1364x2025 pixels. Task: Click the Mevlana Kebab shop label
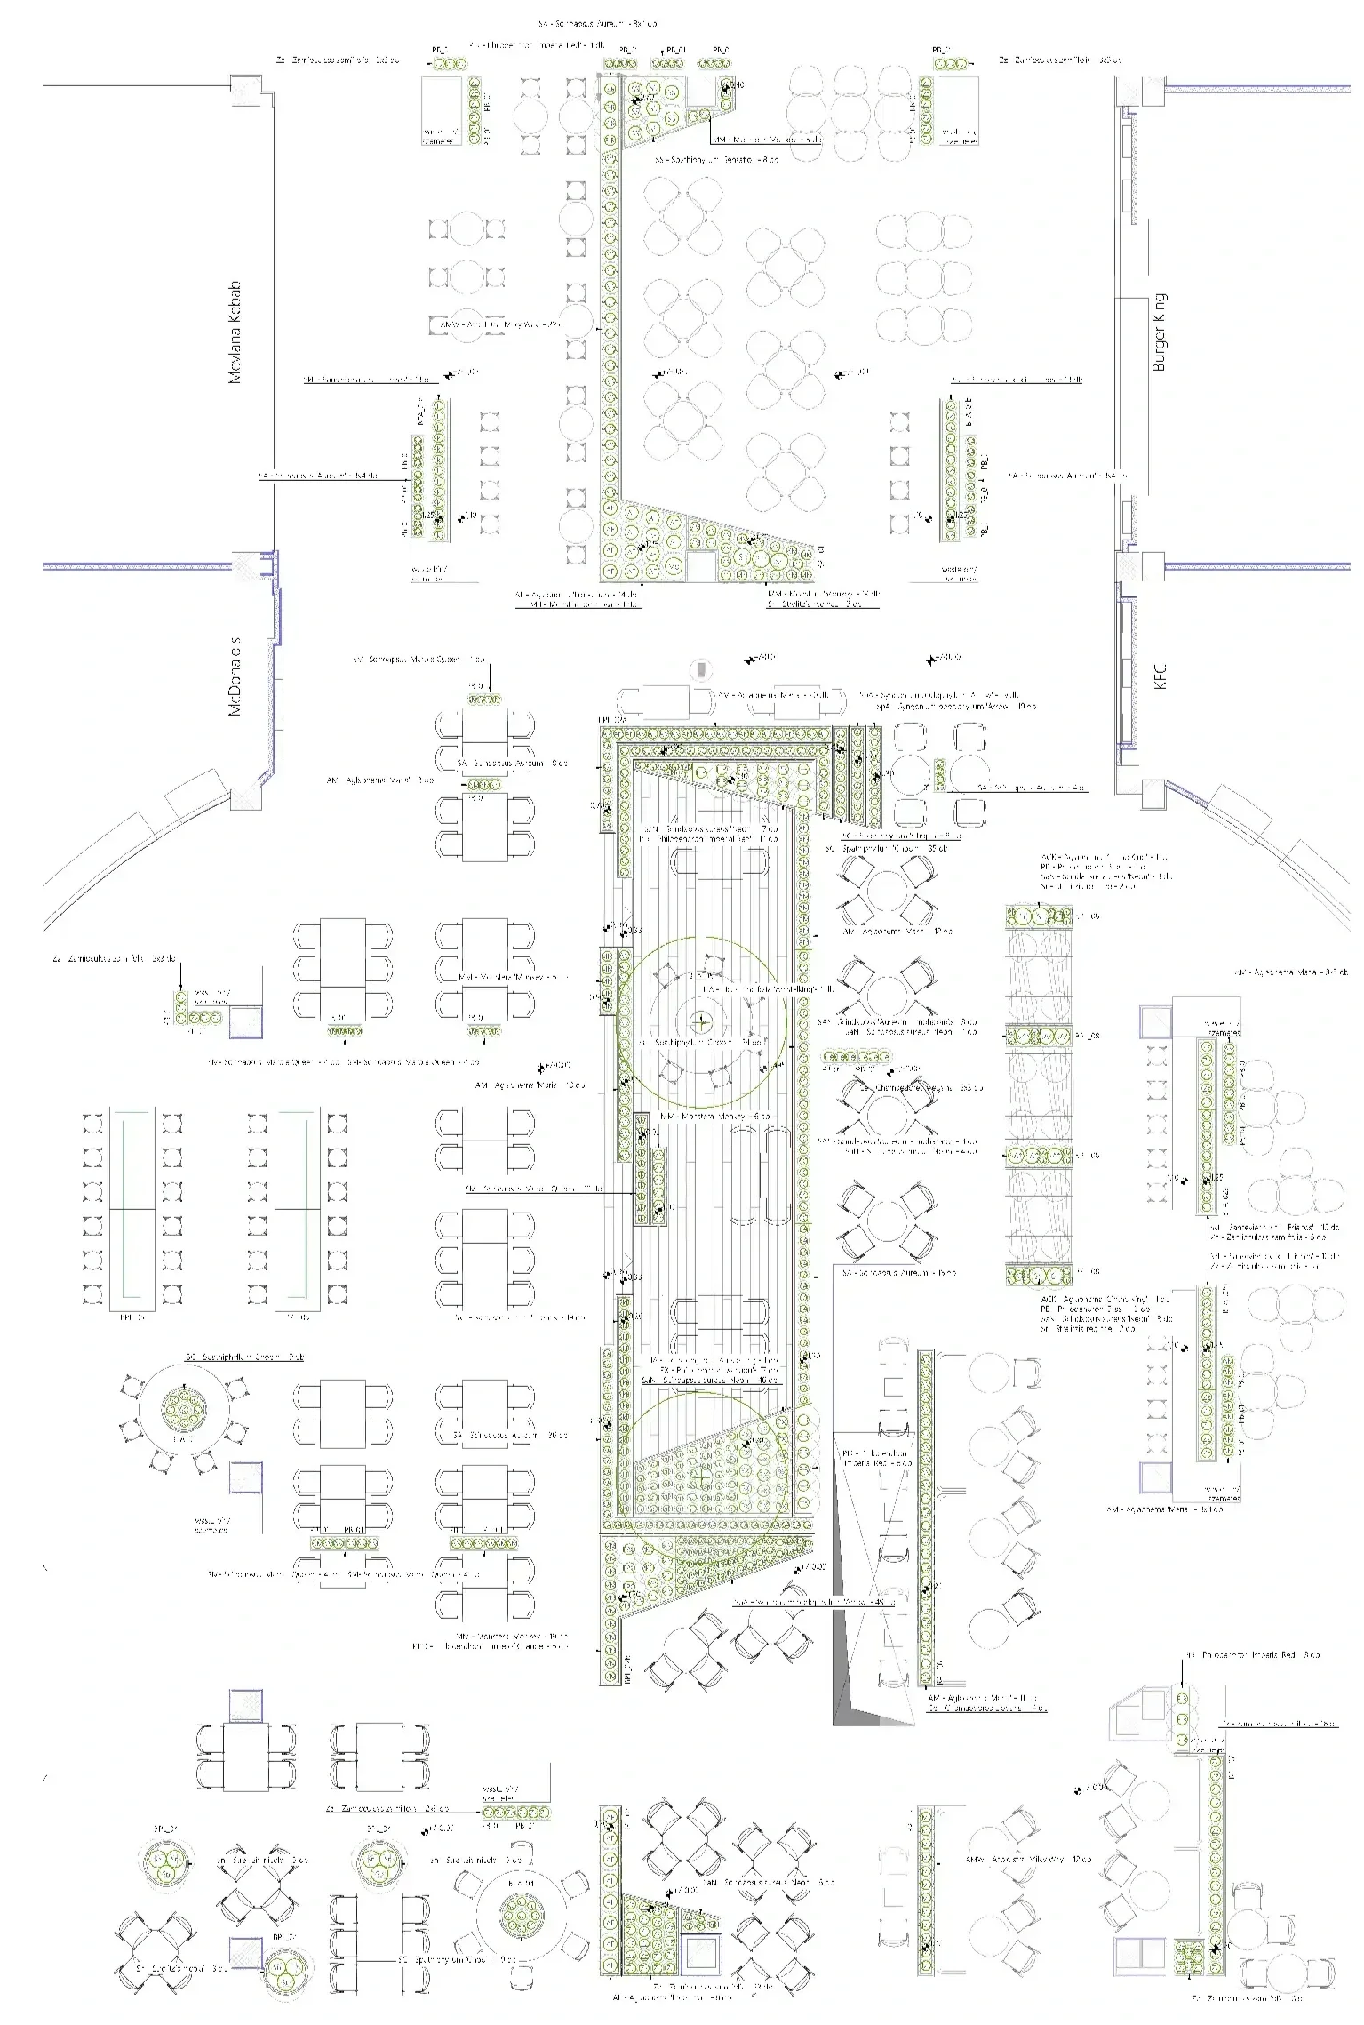[x=235, y=332]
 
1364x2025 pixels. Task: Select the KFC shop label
[x=1162, y=676]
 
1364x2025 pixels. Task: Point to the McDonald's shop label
[x=235, y=676]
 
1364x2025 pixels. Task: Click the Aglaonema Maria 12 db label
[x=897, y=932]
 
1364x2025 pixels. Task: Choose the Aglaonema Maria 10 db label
[x=529, y=1085]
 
